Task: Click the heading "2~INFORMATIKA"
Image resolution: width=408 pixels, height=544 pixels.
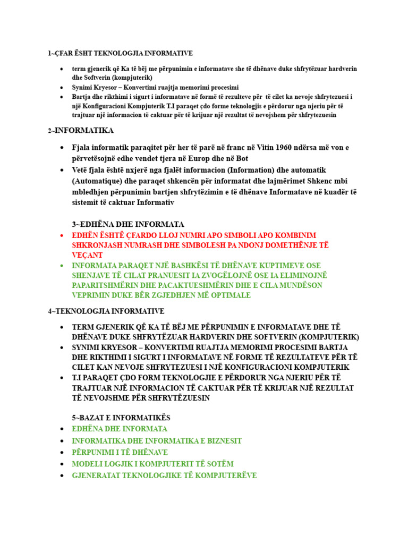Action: pyautogui.click(x=81, y=131)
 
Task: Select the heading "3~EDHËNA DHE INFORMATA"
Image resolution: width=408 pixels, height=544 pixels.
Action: pyautogui.click(x=128, y=224)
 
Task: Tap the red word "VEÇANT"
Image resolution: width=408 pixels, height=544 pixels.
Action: pyautogui.click(x=88, y=255)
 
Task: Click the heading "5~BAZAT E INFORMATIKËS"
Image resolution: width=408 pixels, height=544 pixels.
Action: pyautogui.click(x=121, y=418)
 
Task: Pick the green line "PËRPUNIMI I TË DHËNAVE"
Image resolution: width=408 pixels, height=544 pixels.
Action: pyautogui.click(x=120, y=452)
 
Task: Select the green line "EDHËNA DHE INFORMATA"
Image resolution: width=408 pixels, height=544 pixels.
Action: pyautogui.click(x=120, y=429)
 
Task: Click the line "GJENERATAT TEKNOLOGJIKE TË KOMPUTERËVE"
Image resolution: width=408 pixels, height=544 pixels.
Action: pyautogui.click(x=164, y=475)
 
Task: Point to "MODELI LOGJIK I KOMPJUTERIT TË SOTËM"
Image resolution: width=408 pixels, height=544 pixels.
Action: pyautogui.click(x=152, y=464)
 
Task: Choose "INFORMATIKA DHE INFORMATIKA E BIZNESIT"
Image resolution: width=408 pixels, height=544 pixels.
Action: pyautogui.click(x=157, y=440)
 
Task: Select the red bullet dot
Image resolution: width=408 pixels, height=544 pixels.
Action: pyautogui.click(x=62, y=235)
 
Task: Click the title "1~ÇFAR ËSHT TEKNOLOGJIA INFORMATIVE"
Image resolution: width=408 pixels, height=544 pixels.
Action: pyautogui.click(x=120, y=53)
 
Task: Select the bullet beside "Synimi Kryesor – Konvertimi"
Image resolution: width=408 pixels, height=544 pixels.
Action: pyautogui.click(x=62, y=87)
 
